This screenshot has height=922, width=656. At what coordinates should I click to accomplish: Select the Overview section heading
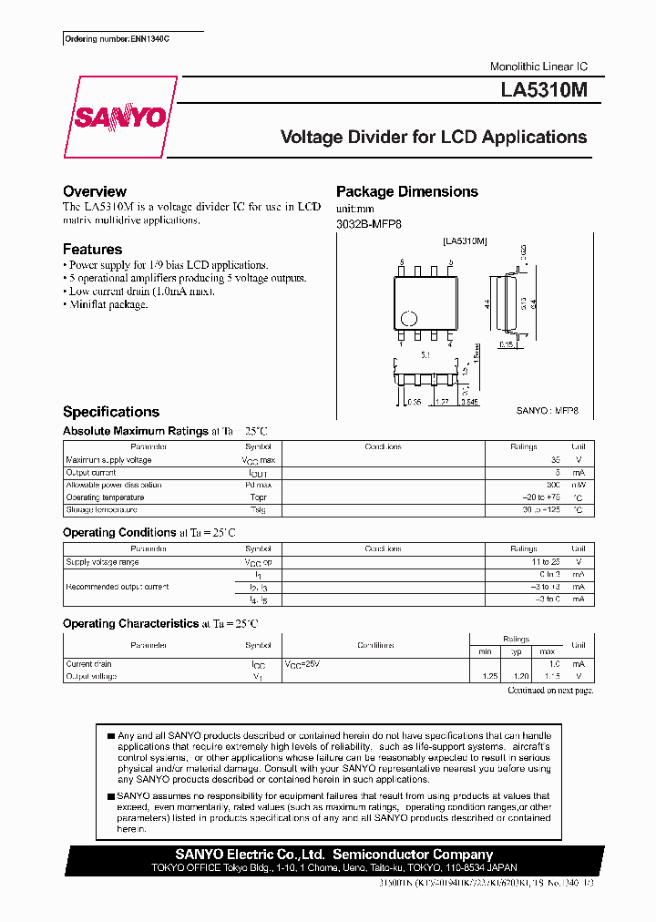coord(95,191)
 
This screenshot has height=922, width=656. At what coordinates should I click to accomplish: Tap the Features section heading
coord(92,249)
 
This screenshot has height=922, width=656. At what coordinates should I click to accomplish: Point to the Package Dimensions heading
coord(406,191)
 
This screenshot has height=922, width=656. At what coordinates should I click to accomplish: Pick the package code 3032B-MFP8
coord(368,223)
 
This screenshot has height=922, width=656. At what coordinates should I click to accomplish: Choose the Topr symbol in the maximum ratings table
coord(258,497)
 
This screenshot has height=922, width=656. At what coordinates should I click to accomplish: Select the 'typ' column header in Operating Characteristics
coord(516,651)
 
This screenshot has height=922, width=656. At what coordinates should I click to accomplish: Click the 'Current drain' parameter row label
coord(88,664)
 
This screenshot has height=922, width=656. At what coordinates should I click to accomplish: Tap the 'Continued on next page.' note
coord(549,691)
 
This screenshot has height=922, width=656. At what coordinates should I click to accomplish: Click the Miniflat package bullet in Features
coord(105,304)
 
